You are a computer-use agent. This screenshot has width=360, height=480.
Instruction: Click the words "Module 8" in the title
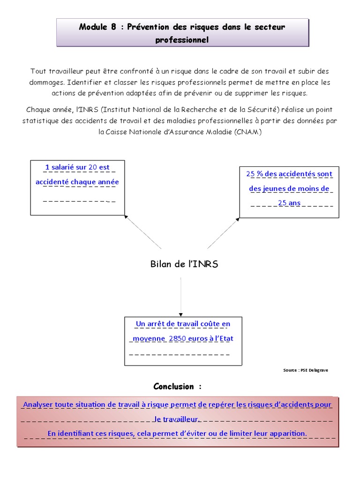tap(97, 27)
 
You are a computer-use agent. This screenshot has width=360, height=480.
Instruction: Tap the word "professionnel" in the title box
tap(182, 40)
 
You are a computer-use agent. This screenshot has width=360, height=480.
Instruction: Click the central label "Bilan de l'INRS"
tap(184, 264)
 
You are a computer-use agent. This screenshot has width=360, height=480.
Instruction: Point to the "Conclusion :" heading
tap(178, 387)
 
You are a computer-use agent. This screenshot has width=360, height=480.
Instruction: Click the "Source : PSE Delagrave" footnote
tap(306, 370)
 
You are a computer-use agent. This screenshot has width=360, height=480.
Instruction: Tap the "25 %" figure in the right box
tap(255, 174)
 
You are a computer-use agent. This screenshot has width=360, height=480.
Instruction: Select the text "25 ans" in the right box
tap(289, 203)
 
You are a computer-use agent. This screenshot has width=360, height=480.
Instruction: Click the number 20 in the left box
tap(92, 167)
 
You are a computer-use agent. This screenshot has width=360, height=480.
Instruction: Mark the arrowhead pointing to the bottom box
tap(181, 315)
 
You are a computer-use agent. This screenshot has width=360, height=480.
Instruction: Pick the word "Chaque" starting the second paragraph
tap(38, 110)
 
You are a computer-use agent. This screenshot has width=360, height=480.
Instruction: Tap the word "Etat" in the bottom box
tap(226, 338)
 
